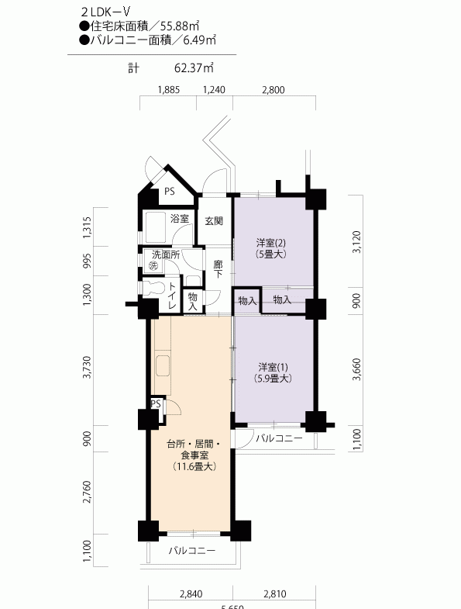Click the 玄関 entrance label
[x=214, y=221]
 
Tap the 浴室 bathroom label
[x=180, y=219]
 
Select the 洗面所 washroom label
[x=166, y=254]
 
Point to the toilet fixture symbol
[x=153, y=289]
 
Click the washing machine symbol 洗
[x=153, y=266]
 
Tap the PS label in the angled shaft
[x=169, y=191]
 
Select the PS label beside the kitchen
[x=156, y=404]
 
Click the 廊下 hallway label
[x=218, y=269]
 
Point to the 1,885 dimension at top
[x=169, y=90]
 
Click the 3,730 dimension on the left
[x=87, y=367]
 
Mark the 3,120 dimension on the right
[x=356, y=242]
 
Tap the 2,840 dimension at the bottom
[x=191, y=593]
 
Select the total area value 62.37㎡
[x=194, y=68]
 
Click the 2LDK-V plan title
[x=105, y=12]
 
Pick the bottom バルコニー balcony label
[x=191, y=551]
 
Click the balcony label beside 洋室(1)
[x=279, y=439]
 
